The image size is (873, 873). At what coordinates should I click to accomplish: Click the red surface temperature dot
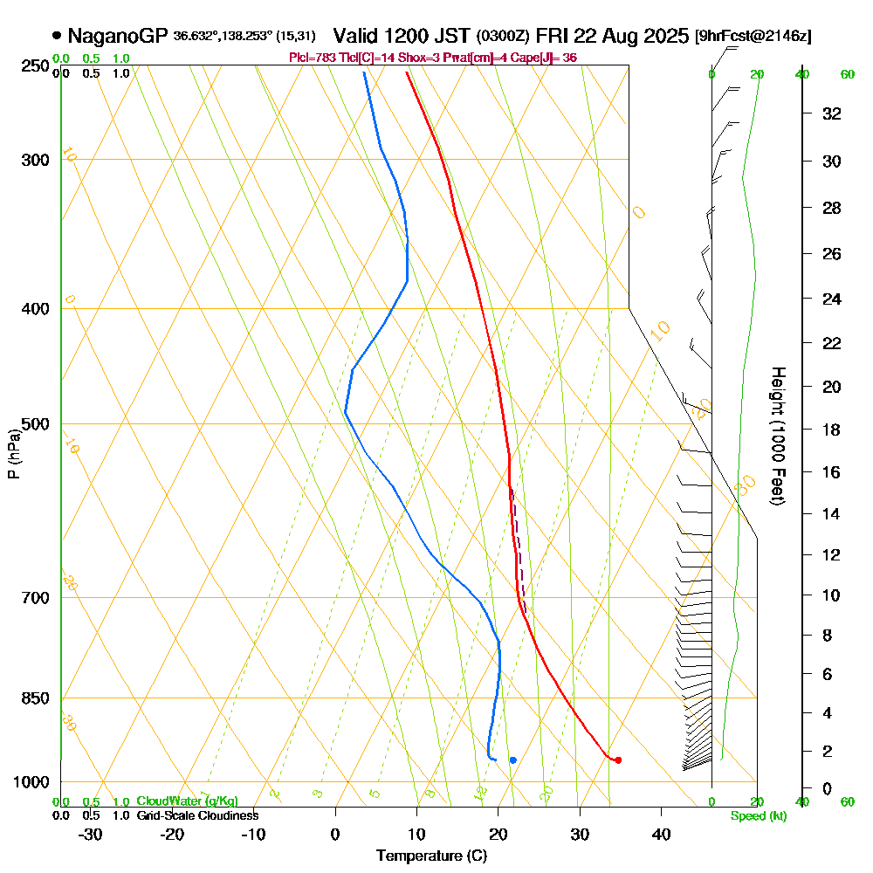tap(618, 760)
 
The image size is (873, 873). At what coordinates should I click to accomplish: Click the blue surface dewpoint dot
tap(512, 760)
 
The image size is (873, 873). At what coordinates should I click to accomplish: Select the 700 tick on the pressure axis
tap(36, 598)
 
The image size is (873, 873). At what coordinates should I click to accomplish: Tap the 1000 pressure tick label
tap(32, 782)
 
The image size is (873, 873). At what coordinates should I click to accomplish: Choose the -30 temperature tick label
tap(91, 834)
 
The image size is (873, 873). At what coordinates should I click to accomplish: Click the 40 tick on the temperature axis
tap(661, 834)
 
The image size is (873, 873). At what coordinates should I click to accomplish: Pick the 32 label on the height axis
tap(831, 113)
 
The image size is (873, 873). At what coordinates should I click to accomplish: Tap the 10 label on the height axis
tap(831, 595)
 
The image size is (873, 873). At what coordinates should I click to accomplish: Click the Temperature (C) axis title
tap(431, 856)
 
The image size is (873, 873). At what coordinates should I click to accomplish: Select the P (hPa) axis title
tap(13, 453)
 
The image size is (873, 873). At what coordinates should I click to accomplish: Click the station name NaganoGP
tap(118, 36)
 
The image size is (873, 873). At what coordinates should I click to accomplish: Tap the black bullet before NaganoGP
tap(57, 36)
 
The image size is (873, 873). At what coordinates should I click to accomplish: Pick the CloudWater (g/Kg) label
tap(187, 801)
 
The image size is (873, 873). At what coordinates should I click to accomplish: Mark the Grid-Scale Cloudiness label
tap(197, 815)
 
